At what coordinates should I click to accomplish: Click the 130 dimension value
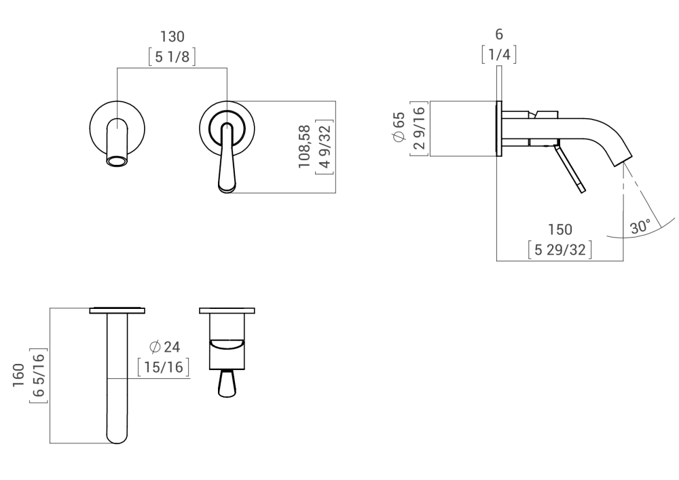(x=172, y=36)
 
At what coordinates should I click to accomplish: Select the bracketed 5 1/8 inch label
(x=172, y=57)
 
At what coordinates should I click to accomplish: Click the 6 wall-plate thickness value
(x=499, y=33)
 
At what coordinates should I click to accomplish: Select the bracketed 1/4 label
(x=499, y=54)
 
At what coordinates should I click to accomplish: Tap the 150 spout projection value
(x=560, y=229)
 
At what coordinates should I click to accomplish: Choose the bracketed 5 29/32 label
(x=560, y=250)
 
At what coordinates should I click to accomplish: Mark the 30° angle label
(x=639, y=227)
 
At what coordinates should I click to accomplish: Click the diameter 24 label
(x=164, y=347)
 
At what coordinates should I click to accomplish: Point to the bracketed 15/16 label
(x=163, y=367)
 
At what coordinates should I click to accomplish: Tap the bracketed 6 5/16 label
(x=38, y=377)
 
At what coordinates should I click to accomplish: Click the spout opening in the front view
(x=117, y=161)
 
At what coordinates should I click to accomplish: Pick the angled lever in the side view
(x=570, y=170)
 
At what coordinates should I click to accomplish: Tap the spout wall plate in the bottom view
(x=117, y=311)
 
